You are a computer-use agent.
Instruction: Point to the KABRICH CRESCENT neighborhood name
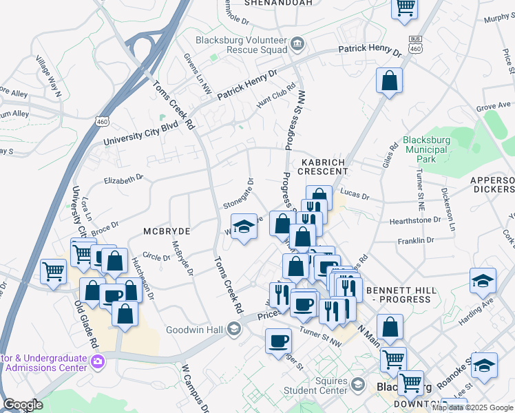click(324, 165)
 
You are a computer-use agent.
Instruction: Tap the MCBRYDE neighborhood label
click(166, 232)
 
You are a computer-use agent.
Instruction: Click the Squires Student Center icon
click(357, 383)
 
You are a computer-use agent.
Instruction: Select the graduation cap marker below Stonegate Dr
click(242, 227)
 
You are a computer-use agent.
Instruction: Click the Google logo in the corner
click(23, 405)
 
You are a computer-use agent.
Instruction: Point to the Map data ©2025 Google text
click(472, 407)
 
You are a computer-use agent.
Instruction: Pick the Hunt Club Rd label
click(275, 93)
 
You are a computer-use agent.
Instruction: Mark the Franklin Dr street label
click(416, 241)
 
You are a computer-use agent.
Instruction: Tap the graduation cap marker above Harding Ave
click(483, 280)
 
